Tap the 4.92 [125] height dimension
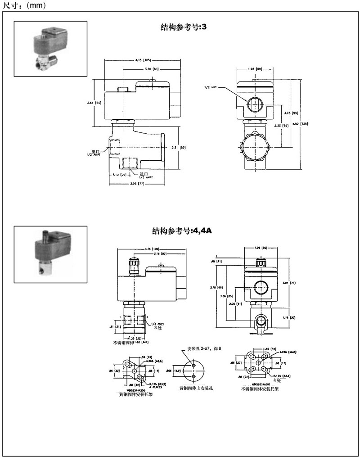point(306,124)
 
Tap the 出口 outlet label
point(95,151)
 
